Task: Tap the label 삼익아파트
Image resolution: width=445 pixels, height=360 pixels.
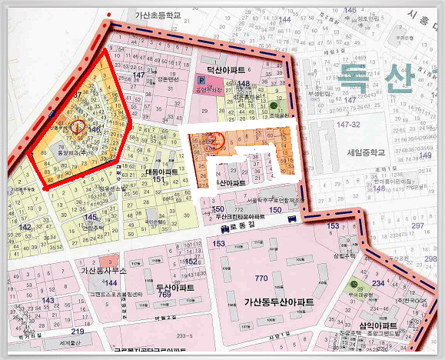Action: (x=377, y=326)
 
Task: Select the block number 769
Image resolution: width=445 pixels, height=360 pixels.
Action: (x=164, y=295)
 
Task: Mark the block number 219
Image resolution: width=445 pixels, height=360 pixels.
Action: (x=78, y=331)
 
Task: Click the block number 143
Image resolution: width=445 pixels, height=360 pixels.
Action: (x=48, y=300)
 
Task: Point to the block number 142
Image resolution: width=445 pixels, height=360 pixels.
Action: (x=25, y=227)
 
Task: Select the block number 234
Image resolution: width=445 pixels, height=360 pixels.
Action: (x=377, y=284)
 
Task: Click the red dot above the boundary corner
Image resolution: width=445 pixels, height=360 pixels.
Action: (x=111, y=14)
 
